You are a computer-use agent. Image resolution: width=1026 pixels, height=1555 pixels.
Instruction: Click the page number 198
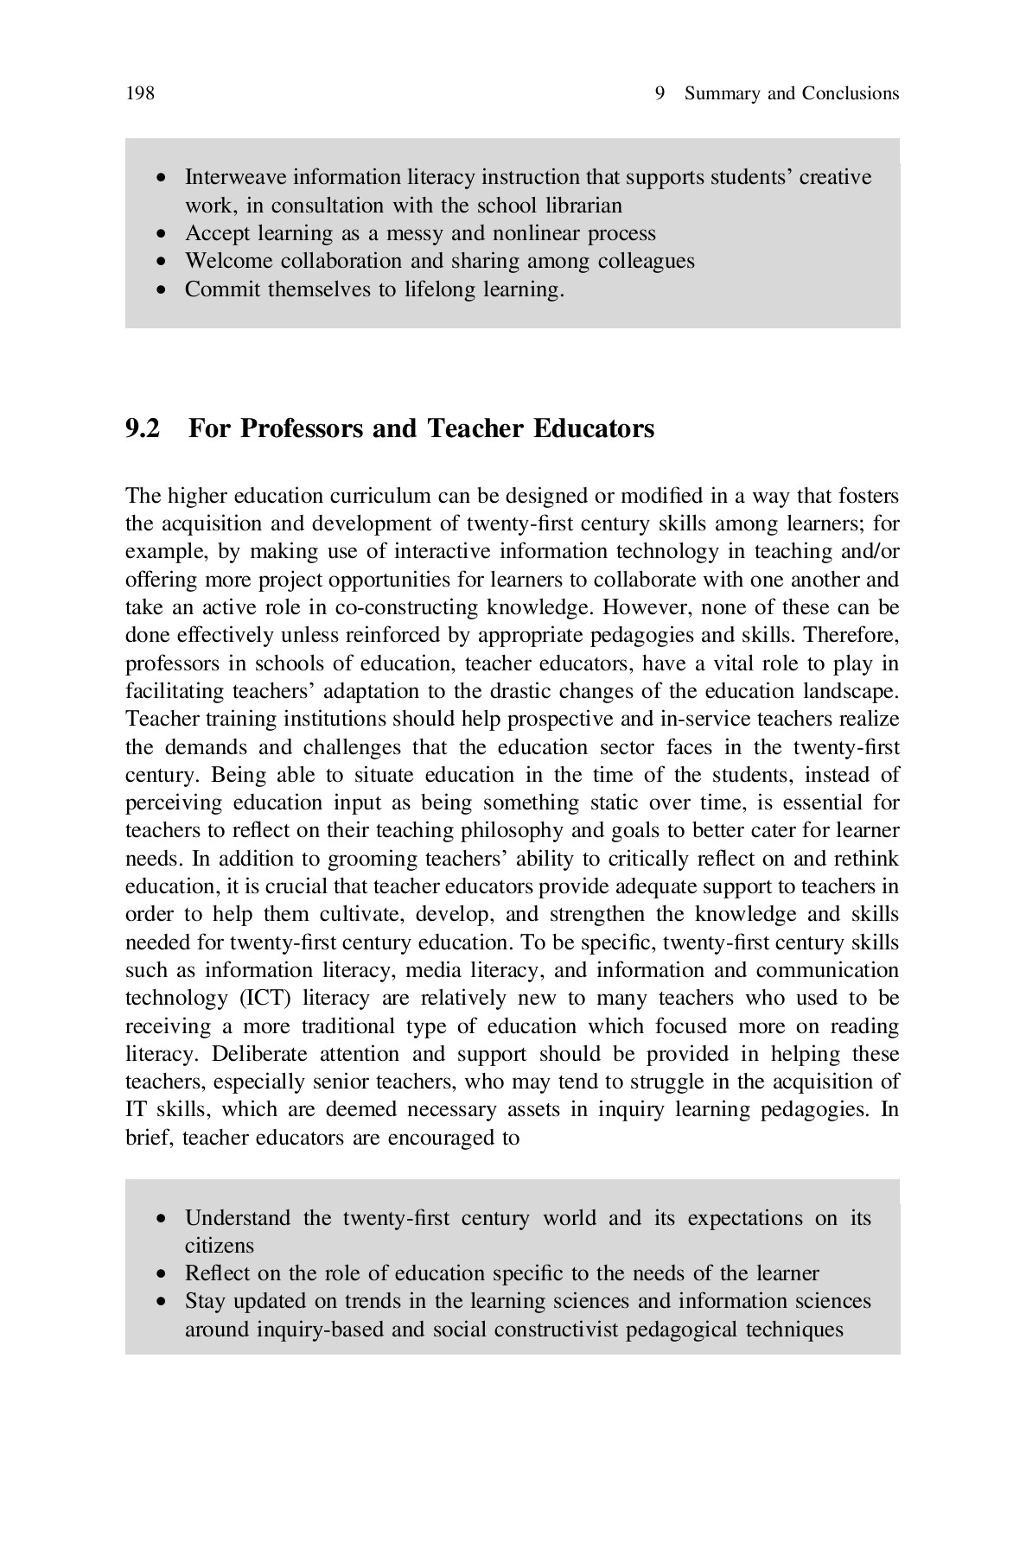point(140,93)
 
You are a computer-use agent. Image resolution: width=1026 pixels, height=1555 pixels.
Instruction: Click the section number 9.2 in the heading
point(143,428)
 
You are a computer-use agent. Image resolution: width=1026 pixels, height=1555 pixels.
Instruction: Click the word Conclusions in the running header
point(850,93)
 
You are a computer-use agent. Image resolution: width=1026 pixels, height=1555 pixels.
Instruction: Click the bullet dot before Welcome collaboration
point(161,262)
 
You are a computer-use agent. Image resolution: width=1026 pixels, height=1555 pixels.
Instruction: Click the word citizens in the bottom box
point(220,1246)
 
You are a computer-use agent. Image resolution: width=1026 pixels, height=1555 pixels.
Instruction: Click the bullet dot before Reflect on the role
point(161,1274)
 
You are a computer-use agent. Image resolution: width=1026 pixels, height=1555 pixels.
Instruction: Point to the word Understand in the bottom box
point(238,1218)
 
